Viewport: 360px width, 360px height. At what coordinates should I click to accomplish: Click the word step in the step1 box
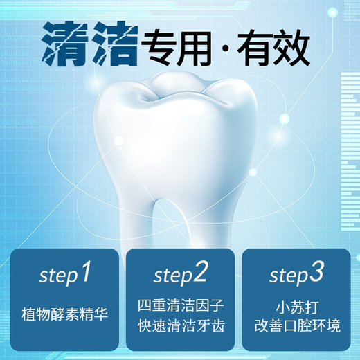(58, 276)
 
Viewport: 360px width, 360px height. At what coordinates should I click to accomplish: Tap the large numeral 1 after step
(85, 272)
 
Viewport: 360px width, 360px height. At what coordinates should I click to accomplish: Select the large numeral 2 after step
(199, 272)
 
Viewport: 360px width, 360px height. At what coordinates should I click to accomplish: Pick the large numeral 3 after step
(316, 272)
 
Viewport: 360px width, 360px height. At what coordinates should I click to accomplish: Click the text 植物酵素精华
(65, 314)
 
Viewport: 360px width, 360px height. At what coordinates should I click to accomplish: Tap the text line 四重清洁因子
(181, 305)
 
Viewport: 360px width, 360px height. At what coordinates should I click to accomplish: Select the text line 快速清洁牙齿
(181, 326)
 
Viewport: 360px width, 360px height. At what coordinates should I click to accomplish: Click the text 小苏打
(297, 307)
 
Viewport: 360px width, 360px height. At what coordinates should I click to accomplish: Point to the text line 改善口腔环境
(297, 326)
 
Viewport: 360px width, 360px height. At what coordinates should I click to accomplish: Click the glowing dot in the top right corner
(332, 12)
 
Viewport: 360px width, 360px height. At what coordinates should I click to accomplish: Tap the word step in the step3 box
(289, 276)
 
